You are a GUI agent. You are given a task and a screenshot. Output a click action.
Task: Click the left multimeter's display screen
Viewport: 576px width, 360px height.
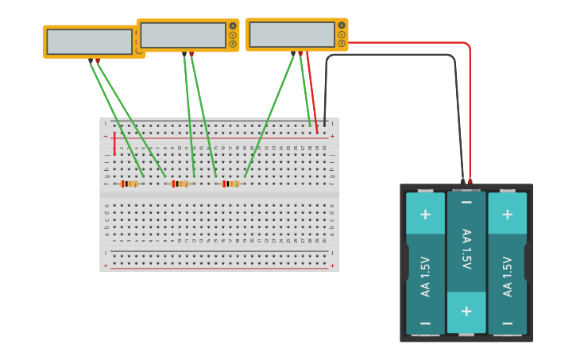click(89, 41)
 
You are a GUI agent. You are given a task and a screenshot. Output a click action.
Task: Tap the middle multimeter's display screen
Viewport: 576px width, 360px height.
click(183, 35)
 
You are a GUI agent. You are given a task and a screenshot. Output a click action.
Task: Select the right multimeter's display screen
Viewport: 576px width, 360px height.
click(292, 34)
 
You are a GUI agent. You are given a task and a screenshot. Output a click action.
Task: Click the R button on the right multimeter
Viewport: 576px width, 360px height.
click(342, 43)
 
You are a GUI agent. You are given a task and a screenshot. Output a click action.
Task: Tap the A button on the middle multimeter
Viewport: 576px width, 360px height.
click(233, 25)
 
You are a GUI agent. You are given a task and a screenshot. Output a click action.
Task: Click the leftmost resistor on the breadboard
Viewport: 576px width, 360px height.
click(130, 184)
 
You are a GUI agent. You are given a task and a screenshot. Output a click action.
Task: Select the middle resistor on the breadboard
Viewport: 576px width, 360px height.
click(180, 184)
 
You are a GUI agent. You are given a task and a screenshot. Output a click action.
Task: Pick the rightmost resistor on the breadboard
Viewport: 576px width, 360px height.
click(230, 184)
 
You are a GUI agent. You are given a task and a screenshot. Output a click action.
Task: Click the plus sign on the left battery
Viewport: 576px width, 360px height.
click(425, 215)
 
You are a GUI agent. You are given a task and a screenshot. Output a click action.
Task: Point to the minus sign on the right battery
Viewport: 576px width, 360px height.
click(508, 323)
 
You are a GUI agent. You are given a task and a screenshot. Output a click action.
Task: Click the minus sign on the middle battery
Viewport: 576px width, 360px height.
click(466, 203)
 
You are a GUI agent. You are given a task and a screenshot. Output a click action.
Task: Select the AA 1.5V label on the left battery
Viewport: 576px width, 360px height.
click(425, 277)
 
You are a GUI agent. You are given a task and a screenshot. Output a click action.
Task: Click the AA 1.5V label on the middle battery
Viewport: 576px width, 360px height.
click(466, 248)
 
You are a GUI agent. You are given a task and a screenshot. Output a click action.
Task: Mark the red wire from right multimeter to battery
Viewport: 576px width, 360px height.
click(413, 42)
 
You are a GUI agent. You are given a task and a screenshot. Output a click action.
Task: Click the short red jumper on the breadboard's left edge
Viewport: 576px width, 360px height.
click(114, 144)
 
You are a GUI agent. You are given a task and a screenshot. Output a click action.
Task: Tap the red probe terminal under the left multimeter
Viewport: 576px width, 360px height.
click(97, 60)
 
